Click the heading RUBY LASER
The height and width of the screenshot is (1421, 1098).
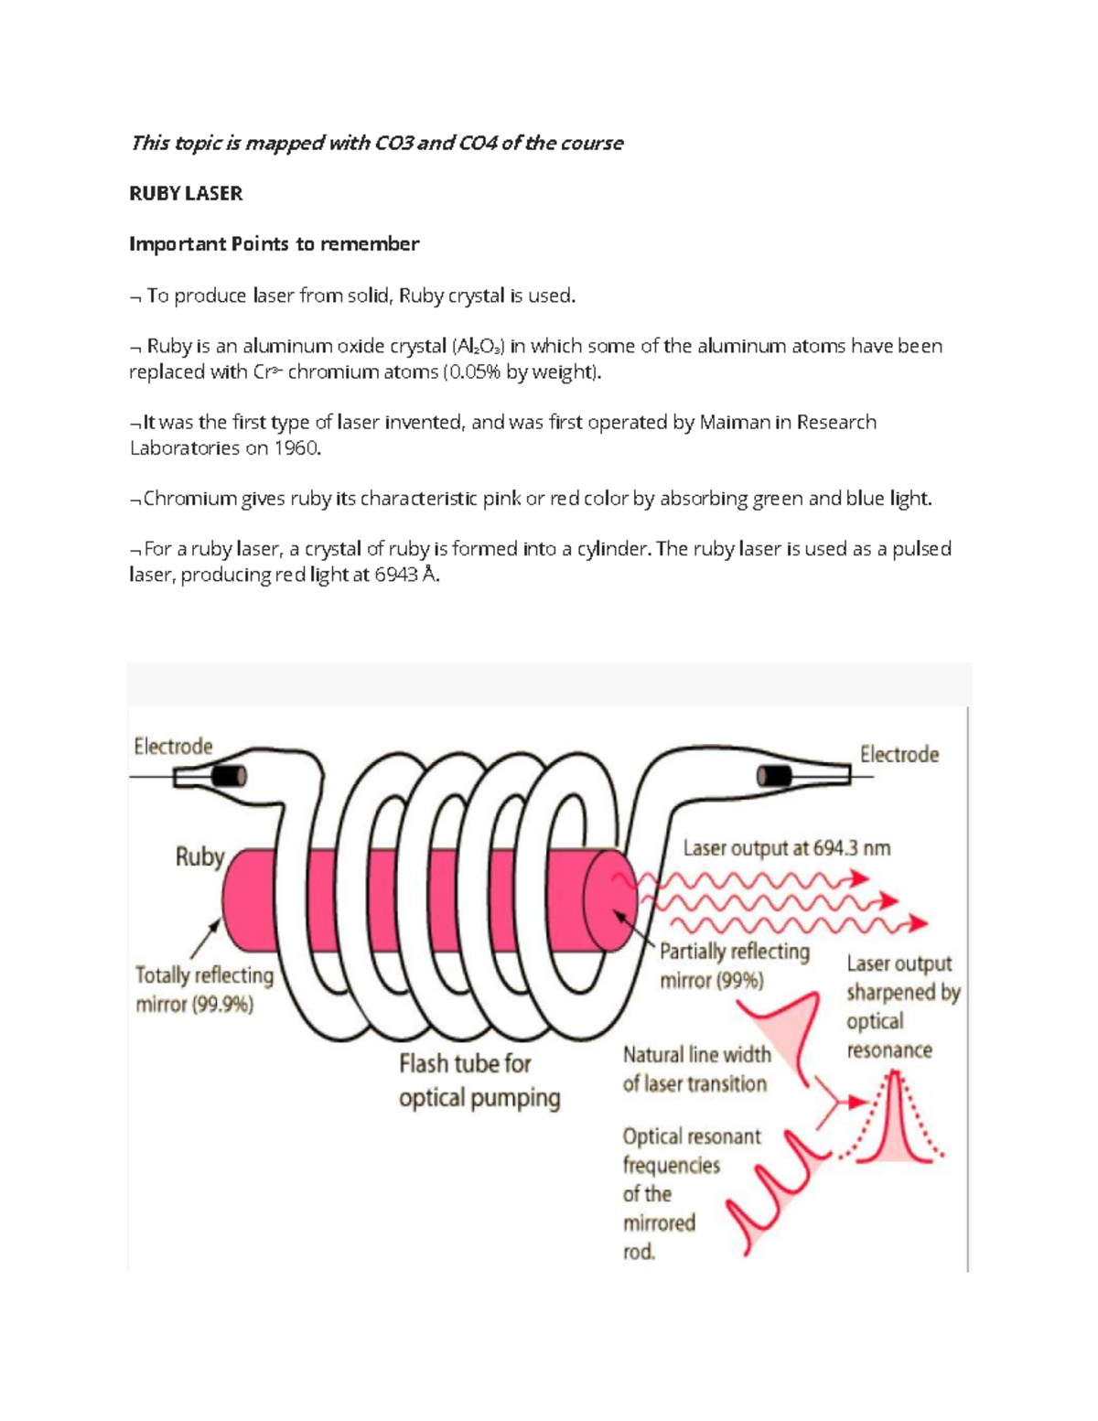186,193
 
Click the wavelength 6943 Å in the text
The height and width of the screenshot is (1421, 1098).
406,576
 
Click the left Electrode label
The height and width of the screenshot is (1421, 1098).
173,747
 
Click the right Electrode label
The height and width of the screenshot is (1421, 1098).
899,755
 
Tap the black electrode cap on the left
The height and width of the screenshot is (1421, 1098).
229,776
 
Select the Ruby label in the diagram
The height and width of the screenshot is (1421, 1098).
199,857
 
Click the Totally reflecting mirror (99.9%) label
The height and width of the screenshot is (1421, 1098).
203,990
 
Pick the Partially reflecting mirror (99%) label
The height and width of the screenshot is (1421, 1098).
734,966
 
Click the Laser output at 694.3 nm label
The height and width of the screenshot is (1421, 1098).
786,848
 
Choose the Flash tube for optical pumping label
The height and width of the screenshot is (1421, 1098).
479,1081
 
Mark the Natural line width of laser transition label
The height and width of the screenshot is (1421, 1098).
695,1070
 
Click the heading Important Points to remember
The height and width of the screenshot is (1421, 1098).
274,244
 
